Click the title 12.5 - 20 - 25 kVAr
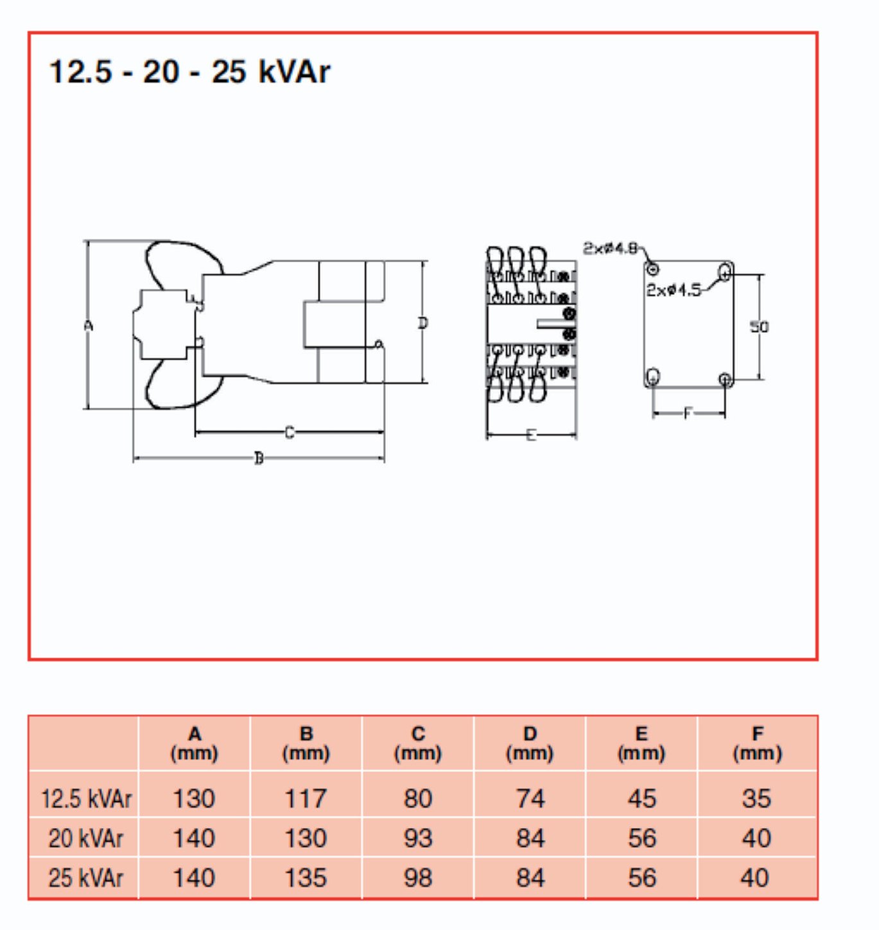tap(189, 72)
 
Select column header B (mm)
tap(306, 743)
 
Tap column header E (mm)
tap(641, 743)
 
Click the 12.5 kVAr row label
tap(85, 799)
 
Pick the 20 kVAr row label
tap(85, 839)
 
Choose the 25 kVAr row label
tap(85, 878)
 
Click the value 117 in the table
tap(306, 799)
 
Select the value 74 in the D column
tap(530, 799)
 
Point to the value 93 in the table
tap(418, 839)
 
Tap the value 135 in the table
tap(306, 878)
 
